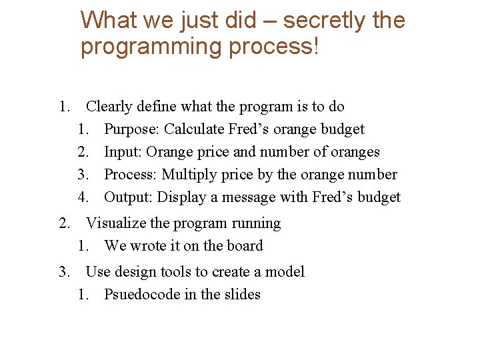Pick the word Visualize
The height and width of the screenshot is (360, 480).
point(117,223)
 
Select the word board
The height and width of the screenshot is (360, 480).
point(244,246)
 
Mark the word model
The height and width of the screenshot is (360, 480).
point(285,272)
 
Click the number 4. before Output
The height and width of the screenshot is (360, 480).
point(83,197)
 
